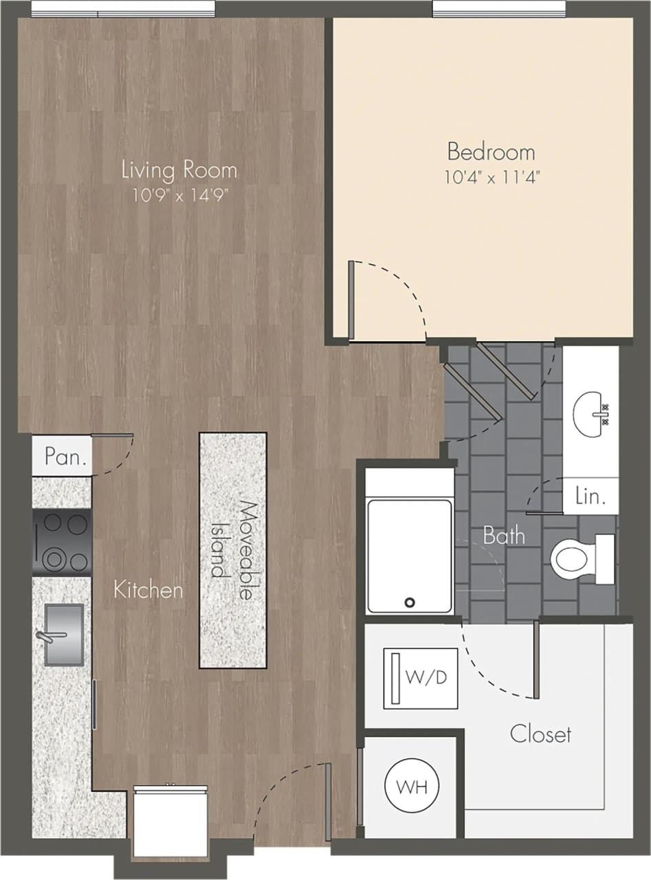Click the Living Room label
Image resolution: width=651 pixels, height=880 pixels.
[x=179, y=169]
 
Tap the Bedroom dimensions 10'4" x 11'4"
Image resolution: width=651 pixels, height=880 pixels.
[x=491, y=177]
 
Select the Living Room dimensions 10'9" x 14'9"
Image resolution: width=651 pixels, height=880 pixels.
[x=179, y=195]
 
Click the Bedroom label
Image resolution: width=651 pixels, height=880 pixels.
[x=491, y=151]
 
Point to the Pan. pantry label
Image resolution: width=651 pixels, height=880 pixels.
[x=66, y=456]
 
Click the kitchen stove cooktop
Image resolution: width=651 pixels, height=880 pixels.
[x=62, y=542]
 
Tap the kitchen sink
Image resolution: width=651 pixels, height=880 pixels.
[x=63, y=634]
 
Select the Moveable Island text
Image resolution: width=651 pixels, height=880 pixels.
[x=233, y=551]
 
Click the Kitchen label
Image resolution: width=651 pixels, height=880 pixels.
[x=148, y=589]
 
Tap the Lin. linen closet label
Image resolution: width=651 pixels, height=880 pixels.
[x=589, y=496]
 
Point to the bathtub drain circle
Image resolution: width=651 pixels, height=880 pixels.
[x=410, y=602]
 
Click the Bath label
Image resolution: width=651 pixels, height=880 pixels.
[x=504, y=535]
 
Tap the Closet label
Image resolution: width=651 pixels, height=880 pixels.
[x=540, y=734]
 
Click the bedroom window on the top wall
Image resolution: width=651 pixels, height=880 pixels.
[x=498, y=8]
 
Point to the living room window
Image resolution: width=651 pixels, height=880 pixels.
[x=123, y=8]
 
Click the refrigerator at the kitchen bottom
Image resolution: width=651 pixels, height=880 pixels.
[x=170, y=822]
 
